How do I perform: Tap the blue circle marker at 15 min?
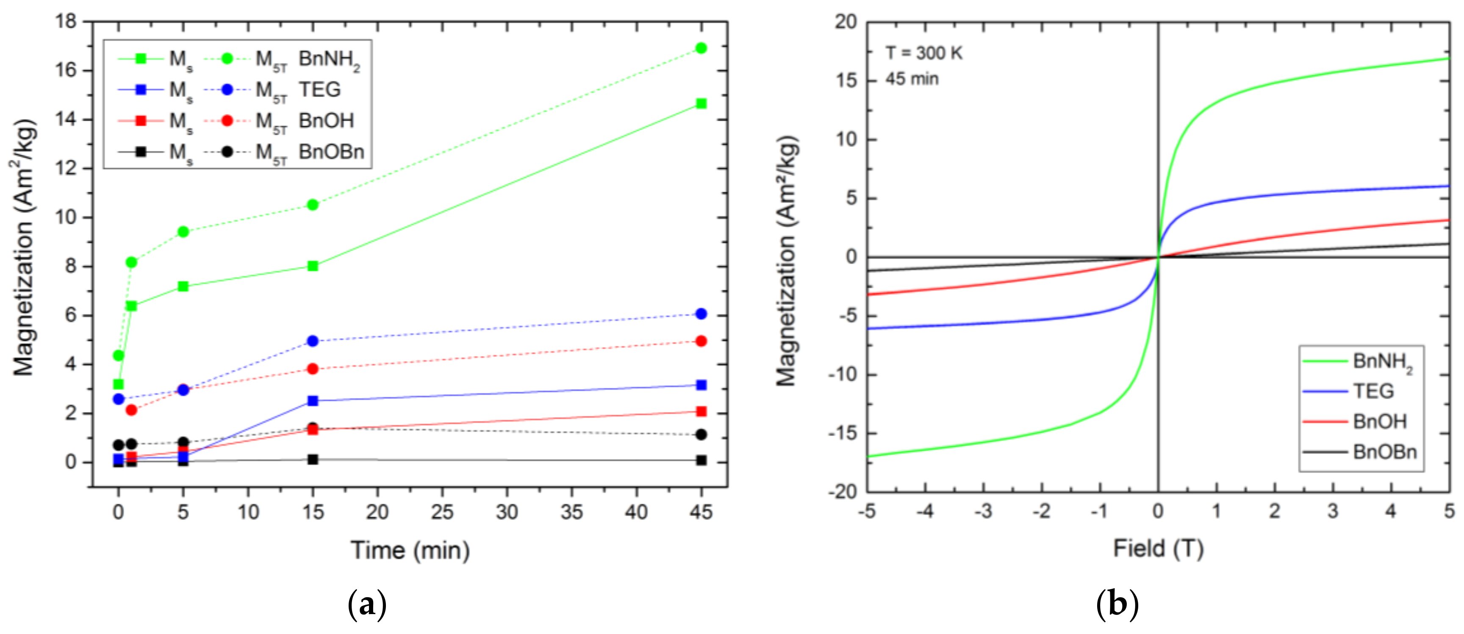pyautogui.click(x=313, y=341)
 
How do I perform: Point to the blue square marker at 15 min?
pyautogui.click(x=313, y=401)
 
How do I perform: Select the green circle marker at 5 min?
pyautogui.click(x=183, y=231)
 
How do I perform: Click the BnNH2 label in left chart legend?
pyautogui.click(x=329, y=59)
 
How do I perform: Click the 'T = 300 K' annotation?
pyautogui.click(x=923, y=53)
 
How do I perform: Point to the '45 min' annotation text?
pyautogui.click(x=912, y=79)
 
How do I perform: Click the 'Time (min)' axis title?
pyautogui.click(x=410, y=551)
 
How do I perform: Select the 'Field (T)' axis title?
pyautogui.click(x=1158, y=549)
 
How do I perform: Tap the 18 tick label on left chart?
pyautogui.click(x=66, y=22)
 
